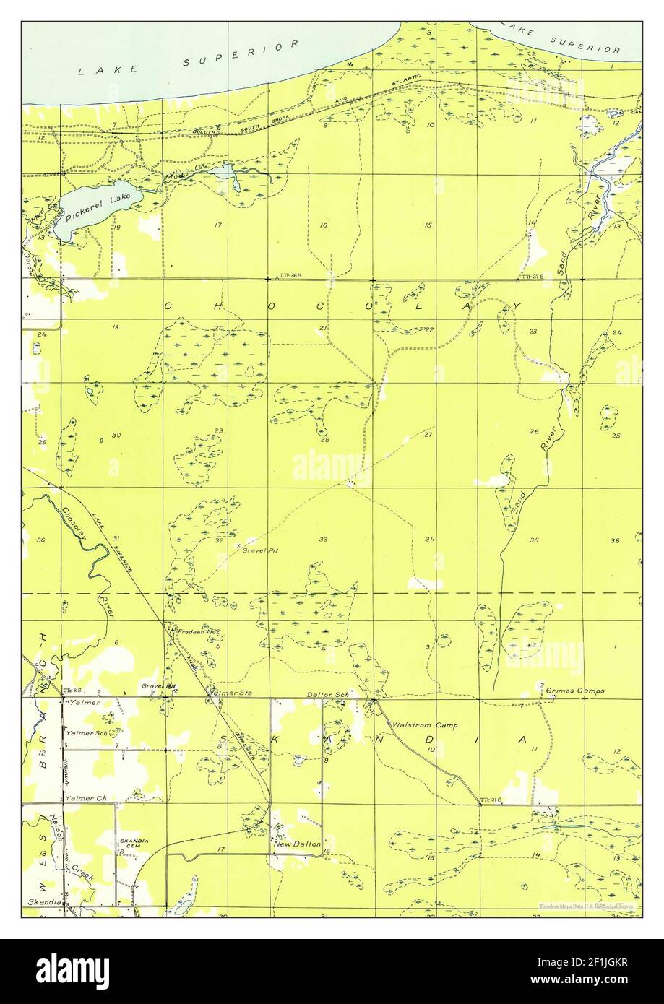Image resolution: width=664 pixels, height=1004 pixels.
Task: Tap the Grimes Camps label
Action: click(x=575, y=691)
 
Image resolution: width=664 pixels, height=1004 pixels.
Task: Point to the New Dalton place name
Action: click(x=296, y=844)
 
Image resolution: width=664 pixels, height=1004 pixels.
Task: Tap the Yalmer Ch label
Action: click(x=86, y=798)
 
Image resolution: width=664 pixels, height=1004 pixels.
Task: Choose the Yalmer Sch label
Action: click(x=87, y=733)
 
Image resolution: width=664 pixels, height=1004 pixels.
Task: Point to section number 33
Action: click(x=323, y=539)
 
